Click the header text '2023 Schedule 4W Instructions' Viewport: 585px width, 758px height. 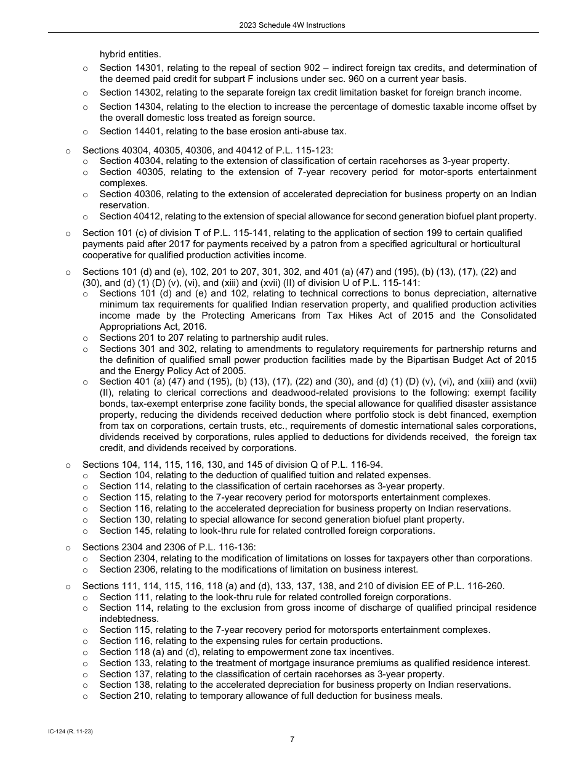[292, 25]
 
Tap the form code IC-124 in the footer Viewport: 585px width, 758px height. [67, 730]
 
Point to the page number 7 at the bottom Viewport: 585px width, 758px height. [292, 740]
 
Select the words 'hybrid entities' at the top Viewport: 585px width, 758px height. [121, 54]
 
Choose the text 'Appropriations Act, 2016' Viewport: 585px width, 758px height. [153, 327]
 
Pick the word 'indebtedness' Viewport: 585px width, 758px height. [129, 619]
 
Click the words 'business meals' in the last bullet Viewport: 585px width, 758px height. [410, 696]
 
